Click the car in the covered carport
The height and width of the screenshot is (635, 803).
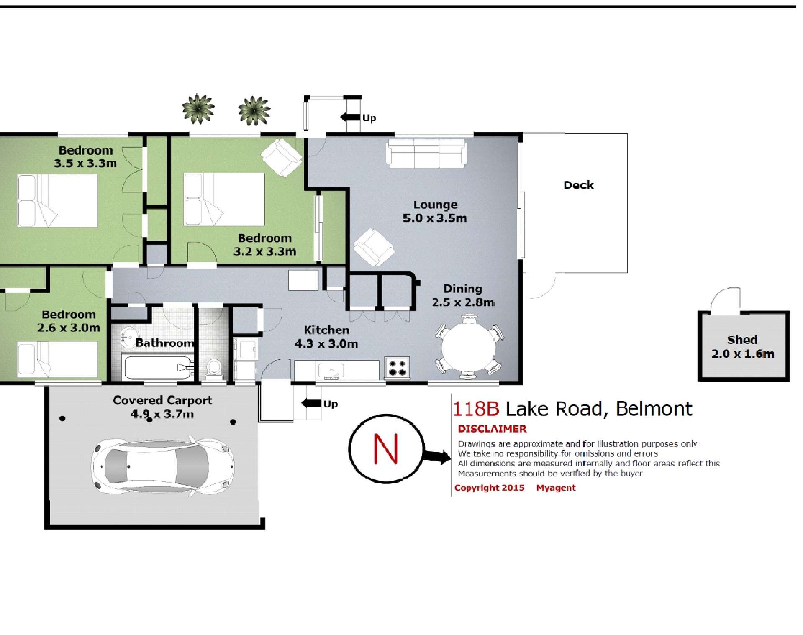162,466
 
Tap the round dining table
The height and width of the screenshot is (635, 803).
468,348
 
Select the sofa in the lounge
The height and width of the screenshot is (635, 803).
426,154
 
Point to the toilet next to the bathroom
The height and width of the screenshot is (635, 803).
214,368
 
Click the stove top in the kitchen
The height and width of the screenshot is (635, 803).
397,368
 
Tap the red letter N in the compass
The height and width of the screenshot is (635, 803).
385,449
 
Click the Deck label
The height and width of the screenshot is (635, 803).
578,185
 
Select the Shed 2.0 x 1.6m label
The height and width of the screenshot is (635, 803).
742,347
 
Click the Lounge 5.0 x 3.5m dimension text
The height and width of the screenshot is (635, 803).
434,218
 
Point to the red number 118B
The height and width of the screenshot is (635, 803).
476,409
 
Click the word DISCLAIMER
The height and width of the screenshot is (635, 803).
492,429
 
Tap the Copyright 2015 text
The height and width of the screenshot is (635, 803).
489,488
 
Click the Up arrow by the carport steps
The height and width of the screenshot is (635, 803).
312,403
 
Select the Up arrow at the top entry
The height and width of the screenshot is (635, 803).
351,117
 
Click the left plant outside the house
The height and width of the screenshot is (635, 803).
198,109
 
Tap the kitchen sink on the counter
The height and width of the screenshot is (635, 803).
331,371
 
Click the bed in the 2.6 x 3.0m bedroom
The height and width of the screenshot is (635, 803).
57,359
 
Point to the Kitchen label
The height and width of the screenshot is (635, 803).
326,330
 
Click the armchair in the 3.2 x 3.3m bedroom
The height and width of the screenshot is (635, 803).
281,157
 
